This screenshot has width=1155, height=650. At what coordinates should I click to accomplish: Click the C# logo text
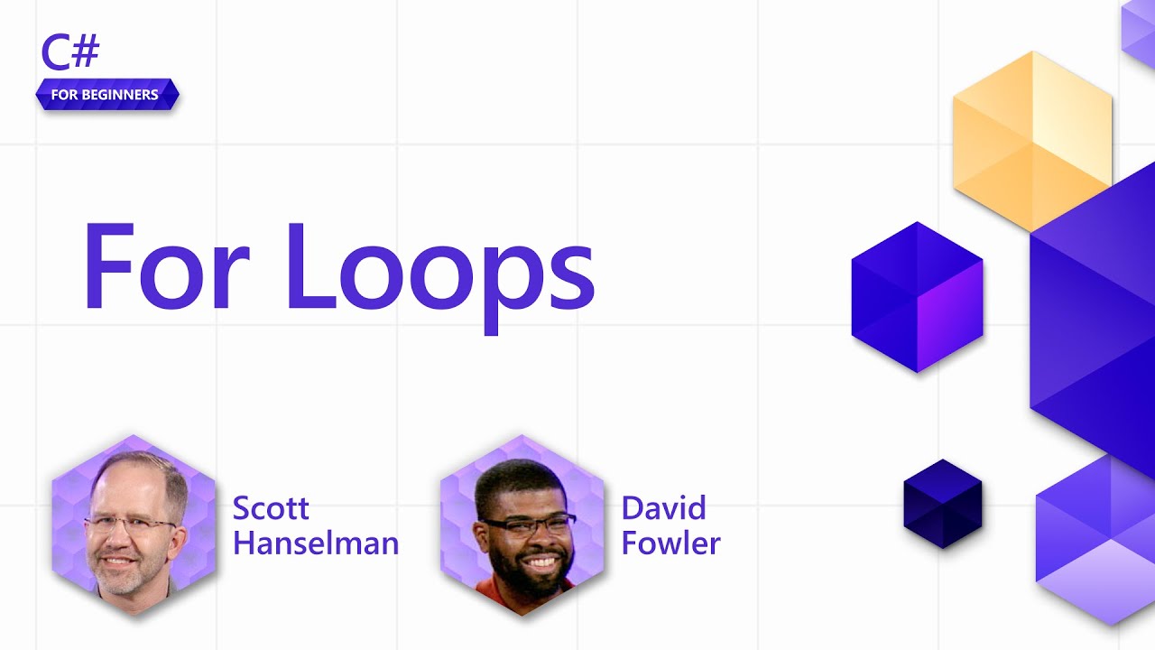coord(69,53)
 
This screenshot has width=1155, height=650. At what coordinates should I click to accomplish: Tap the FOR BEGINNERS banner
coord(107,95)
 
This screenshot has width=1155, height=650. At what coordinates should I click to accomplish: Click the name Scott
coord(271,508)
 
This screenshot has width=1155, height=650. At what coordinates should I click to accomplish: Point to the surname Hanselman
coord(315,543)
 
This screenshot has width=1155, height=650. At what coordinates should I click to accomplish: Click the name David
coord(663,508)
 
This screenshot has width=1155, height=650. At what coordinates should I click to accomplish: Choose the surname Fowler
coord(670,543)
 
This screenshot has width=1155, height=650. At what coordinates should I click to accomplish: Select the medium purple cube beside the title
coord(917,297)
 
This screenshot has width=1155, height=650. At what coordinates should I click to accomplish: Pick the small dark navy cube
coord(943,504)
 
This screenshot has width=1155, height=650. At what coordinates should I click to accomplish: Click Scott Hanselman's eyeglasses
coord(131,525)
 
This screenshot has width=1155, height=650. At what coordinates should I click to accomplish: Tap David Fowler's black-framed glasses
coord(528,524)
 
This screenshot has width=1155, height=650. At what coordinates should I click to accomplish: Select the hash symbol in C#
coord(86,53)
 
